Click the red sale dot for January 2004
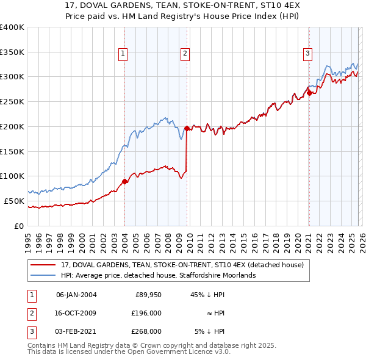[124, 181]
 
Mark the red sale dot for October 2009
[187, 128]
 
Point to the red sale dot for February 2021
[309, 93]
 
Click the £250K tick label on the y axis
[12, 101]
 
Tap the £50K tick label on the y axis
[14, 201]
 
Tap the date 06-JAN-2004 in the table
[76, 295]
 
